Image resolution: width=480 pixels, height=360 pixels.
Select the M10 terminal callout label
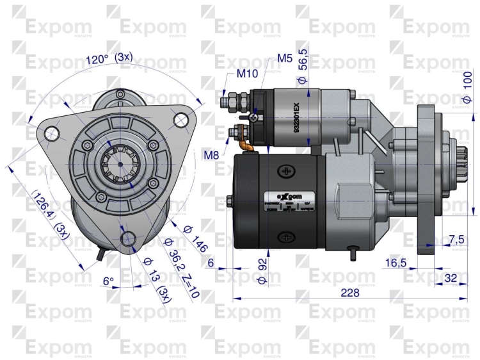coord(247,73)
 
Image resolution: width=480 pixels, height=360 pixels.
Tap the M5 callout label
coord(285,58)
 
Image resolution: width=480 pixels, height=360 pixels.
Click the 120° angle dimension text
coord(97,60)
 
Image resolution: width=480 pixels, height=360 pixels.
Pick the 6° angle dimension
coord(108,281)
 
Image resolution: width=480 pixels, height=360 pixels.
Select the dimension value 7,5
coord(456,239)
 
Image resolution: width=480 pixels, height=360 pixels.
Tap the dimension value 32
coord(450,277)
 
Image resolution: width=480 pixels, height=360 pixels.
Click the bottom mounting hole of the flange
coord(128,240)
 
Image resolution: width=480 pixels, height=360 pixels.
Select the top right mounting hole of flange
coord(181,119)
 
